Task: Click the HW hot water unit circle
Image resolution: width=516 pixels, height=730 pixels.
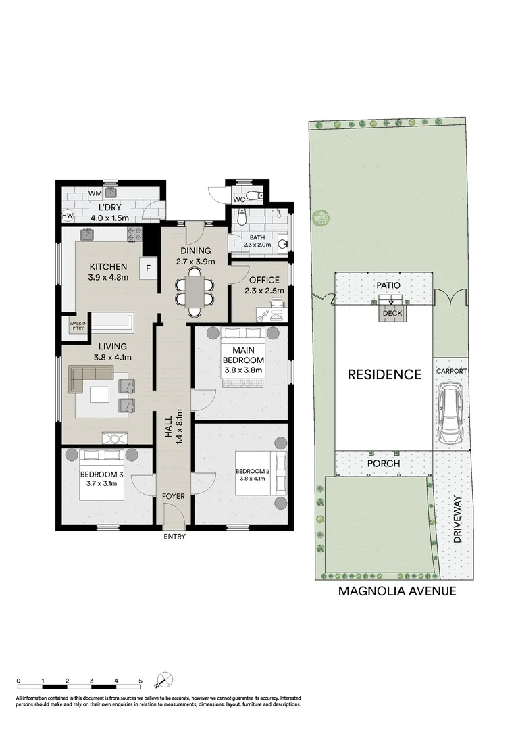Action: pos(68,216)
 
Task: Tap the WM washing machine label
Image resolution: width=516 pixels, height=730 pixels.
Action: pos(95,193)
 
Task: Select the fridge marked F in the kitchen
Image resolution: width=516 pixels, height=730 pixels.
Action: pos(149,268)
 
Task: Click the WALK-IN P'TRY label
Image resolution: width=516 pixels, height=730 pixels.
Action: pos(78,325)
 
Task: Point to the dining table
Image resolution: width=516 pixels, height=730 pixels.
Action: pos(195,291)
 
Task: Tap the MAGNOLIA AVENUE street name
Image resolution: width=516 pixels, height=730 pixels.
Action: pos(397,591)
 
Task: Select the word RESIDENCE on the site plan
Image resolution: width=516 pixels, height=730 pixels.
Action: pos(384,374)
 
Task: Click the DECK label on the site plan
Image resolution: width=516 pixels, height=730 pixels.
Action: pos(392,314)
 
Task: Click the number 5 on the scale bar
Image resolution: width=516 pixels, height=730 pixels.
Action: pos(140,681)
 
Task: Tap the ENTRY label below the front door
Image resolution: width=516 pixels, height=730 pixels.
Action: pos(174,537)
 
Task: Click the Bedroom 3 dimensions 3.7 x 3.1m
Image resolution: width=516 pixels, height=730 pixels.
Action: pos(101,483)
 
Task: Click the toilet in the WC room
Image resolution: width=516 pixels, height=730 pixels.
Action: pos(253,195)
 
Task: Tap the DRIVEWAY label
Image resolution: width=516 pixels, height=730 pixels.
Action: pos(457,519)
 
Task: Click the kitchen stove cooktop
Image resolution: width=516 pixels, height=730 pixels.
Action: pos(134,234)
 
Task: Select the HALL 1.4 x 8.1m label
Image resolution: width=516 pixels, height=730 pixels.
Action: pos(173,427)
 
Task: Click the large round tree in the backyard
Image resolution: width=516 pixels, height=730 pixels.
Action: pos(321,216)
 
